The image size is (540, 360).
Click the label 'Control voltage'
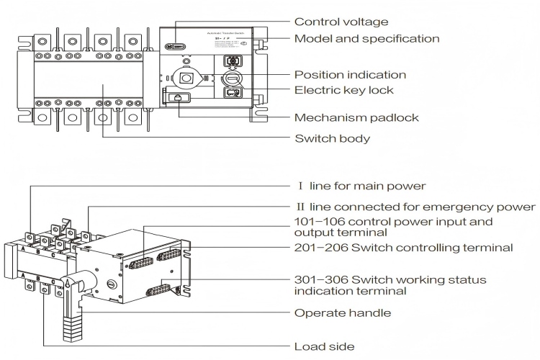pos(341,22)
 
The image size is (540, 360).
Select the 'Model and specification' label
pos(366,39)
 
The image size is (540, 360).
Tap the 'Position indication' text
pos(350,75)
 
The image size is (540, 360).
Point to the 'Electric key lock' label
pos(343,91)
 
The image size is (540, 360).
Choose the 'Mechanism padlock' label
pos(356,117)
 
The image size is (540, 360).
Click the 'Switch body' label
pos(333,138)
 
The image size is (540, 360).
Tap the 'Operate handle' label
pos(343,313)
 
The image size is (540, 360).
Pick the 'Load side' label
pos(324,346)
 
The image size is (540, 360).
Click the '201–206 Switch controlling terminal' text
pos(403,248)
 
